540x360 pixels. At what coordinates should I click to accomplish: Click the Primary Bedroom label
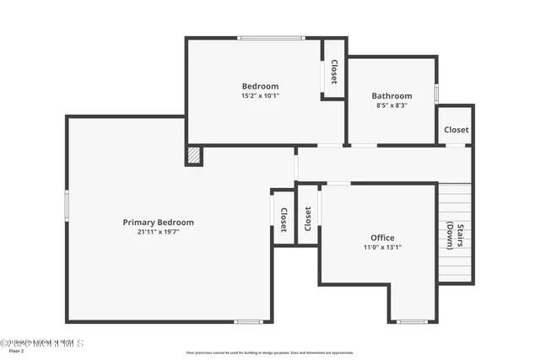159,223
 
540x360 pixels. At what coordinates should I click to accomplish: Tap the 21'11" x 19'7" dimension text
159,232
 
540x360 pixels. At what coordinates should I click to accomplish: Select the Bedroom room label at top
260,86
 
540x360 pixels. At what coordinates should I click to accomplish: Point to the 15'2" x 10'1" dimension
260,95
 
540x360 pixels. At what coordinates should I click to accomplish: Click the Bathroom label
393,96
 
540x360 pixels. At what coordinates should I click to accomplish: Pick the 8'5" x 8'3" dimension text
393,105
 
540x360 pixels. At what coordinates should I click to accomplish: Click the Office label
382,238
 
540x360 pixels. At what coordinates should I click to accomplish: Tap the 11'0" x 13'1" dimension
382,247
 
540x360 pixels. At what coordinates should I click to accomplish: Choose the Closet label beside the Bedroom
334,71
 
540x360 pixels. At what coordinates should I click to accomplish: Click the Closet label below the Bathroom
456,130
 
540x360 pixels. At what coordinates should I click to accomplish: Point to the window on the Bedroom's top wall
270,37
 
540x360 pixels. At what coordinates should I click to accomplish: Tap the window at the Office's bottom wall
412,321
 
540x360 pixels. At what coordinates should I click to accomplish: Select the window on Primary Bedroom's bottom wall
249,321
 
